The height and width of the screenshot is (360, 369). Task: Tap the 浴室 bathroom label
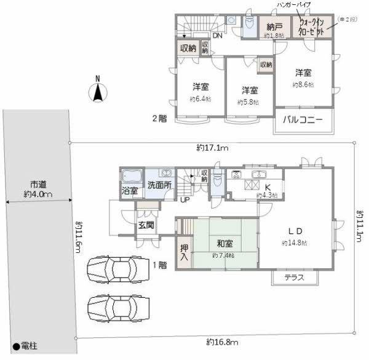pos(130,191)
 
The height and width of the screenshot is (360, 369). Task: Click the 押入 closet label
pos(184,253)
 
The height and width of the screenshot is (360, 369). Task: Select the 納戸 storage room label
pos(274,26)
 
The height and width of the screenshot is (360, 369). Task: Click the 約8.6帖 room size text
pos(303,84)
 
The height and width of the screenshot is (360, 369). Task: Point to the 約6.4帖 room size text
pos(200,98)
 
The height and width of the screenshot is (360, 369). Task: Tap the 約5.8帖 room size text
pos(248,102)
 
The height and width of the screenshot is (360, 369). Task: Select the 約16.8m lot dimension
pos(221,342)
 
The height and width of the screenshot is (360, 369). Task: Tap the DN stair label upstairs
pos(218,35)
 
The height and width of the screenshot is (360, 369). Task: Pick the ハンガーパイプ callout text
pos(295,5)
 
